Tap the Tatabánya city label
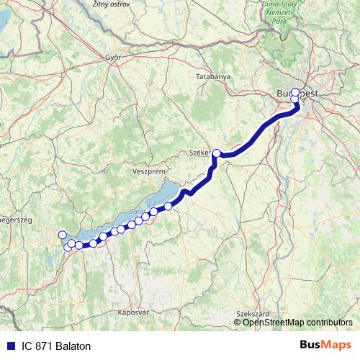[213, 76]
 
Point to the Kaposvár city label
[132, 312]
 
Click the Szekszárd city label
[252, 314]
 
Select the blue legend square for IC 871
[11, 346]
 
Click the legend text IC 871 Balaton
[57, 346]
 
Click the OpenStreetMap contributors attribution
[297, 322]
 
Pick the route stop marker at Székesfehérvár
[217, 153]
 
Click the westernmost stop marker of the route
[62, 234]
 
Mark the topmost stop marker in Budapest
[294, 92]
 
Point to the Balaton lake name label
[136, 212]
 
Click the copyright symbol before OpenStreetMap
[238, 322]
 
